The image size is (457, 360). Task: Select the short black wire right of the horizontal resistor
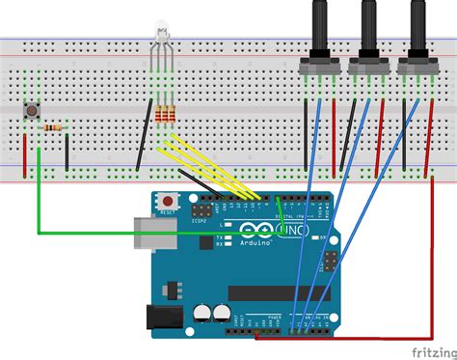67,149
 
